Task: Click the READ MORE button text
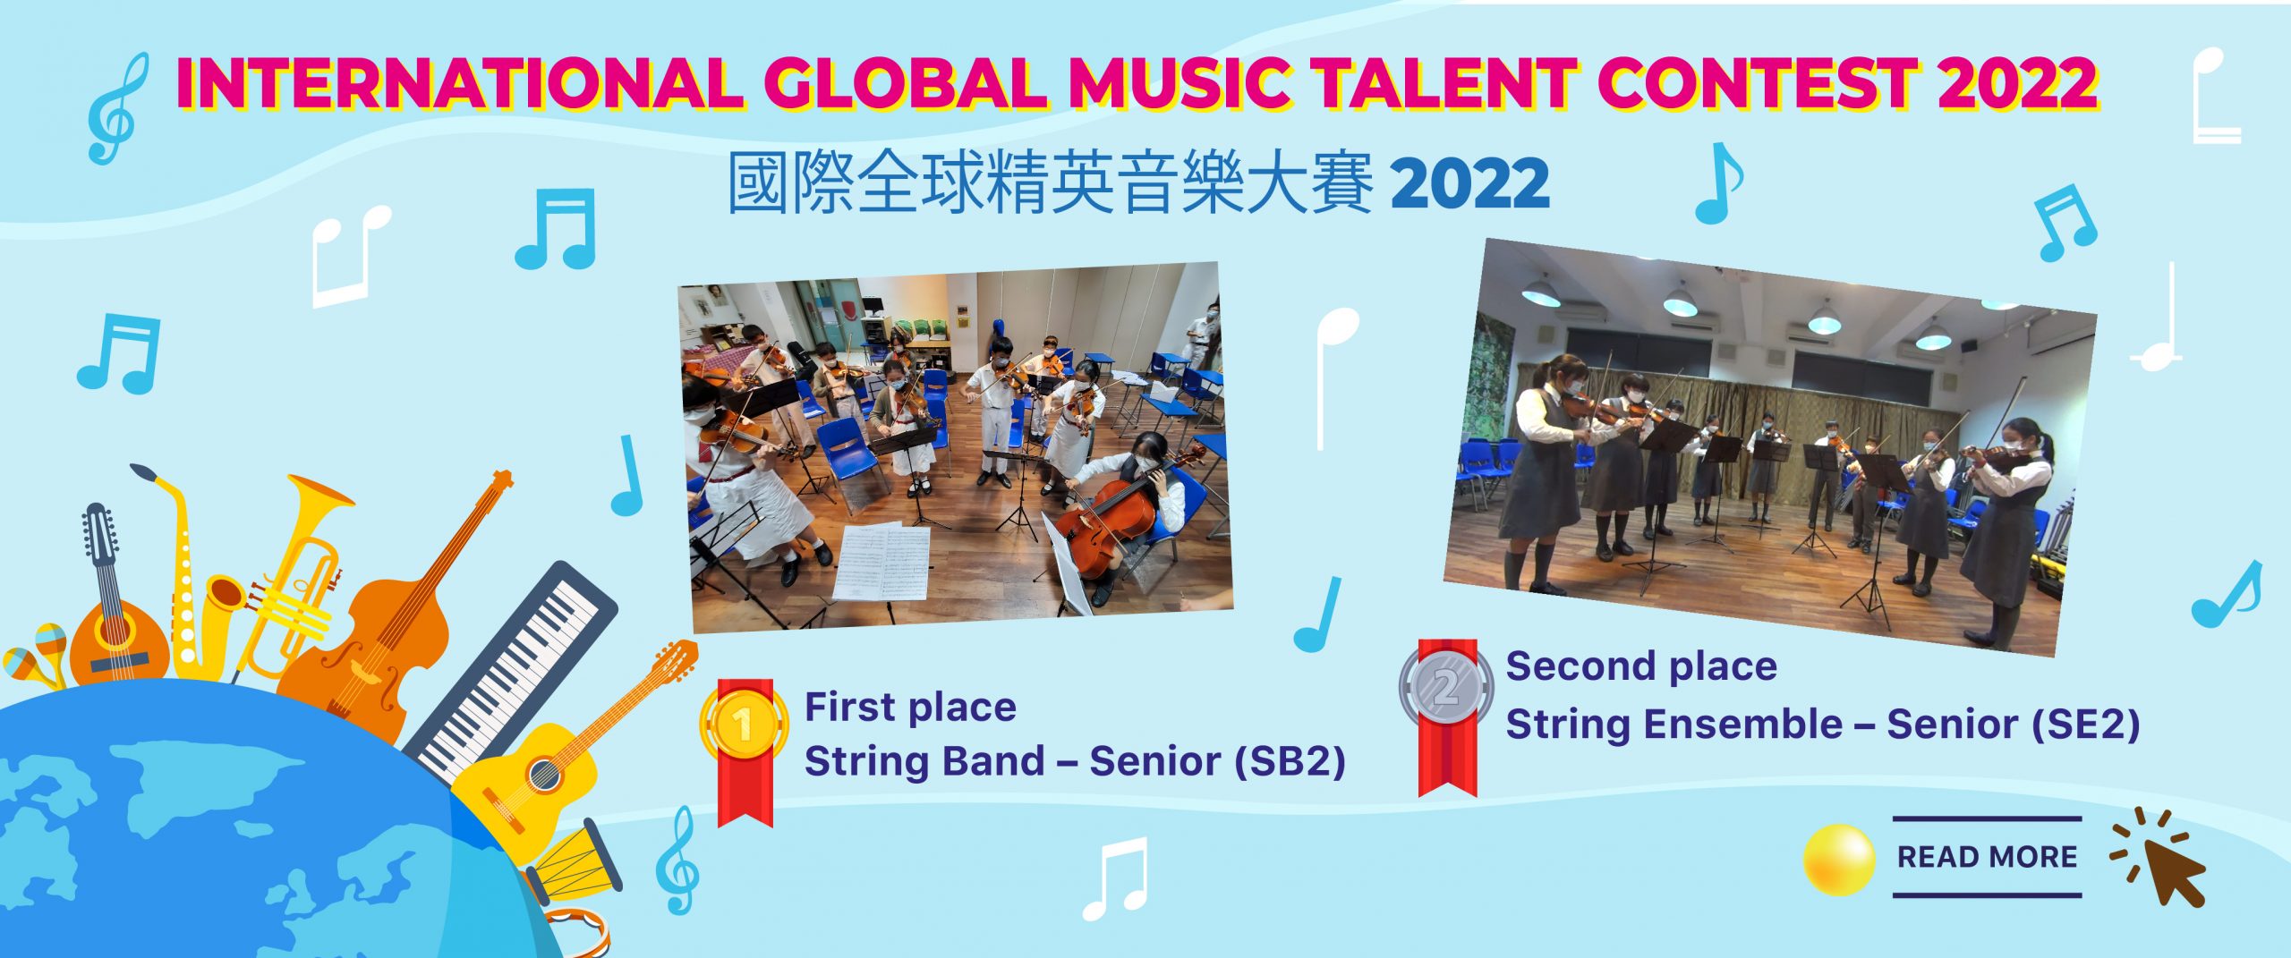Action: click(1987, 857)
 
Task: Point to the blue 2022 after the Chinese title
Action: click(1469, 183)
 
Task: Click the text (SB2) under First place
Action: click(1290, 761)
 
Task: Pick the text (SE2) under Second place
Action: click(2085, 724)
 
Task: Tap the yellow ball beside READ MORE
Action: click(1839, 860)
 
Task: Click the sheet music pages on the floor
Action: click(881, 562)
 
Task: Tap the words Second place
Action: click(1641, 667)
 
